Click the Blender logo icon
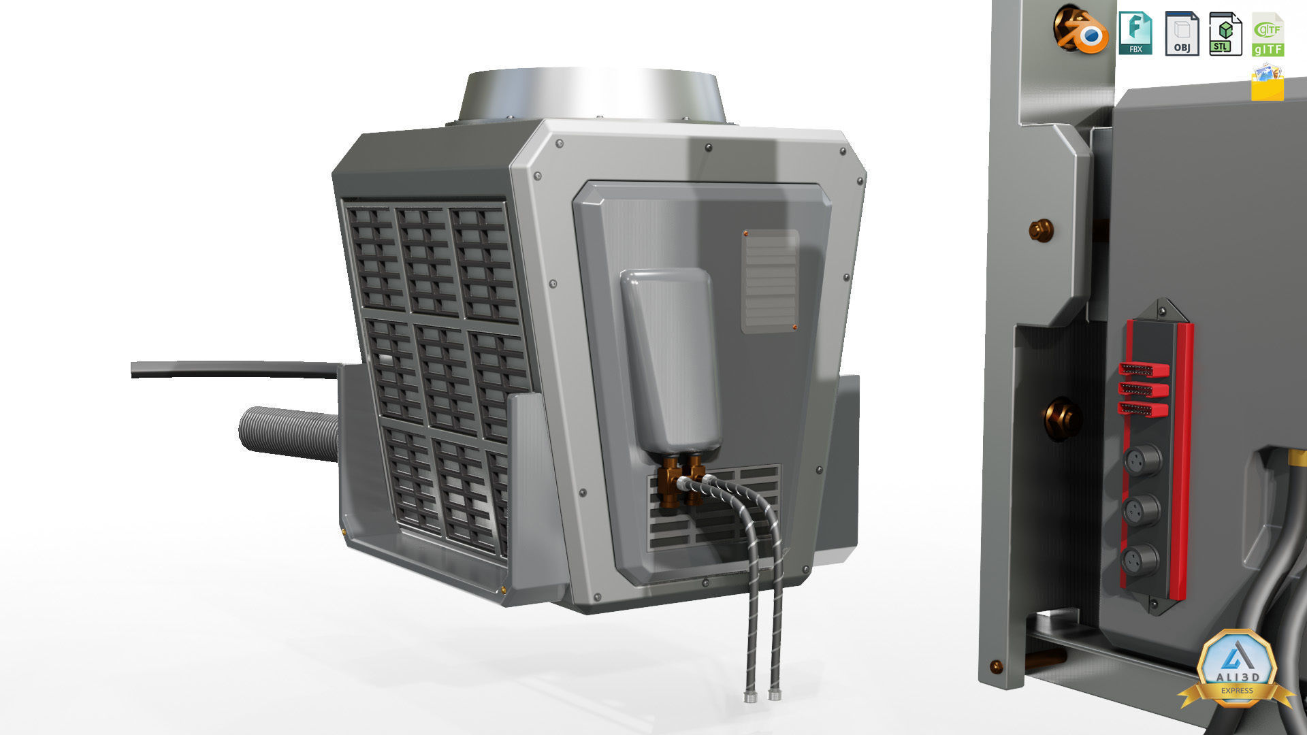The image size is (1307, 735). tap(1081, 31)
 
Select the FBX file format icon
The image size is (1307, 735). tap(1135, 33)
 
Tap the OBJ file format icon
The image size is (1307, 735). tap(1182, 33)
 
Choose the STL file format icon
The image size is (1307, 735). tap(1225, 33)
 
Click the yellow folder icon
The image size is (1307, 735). tap(1267, 83)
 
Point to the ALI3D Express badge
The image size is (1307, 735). tap(1236, 670)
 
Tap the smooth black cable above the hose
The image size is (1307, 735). tap(231, 370)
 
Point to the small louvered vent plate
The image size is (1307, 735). tap(770, 281)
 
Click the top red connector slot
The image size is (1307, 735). tap(1144, 370)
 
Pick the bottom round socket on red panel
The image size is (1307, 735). tap(1140, 559)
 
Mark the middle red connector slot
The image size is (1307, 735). tap(1144, 390)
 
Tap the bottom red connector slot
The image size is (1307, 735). tap(1144, 410)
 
